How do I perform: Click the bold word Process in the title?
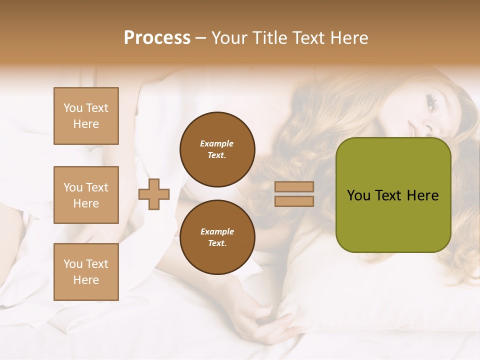click(157, 38)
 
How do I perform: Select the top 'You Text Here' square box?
click(86, 116)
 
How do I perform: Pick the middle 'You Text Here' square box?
click(86, 195)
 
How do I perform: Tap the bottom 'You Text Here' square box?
click(86, 271)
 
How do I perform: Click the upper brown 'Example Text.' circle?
click(217, 149)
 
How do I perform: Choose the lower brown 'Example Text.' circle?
click(217, 237)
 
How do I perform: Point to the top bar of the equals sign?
click(294, 186)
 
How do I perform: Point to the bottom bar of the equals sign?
click(294, 201)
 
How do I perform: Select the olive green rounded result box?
click(393, 195)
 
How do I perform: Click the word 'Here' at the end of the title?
click(349, 38)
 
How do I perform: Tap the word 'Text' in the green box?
click(392, 195)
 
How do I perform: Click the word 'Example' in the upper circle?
click(217, 143)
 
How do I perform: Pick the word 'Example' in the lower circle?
click(217, 231)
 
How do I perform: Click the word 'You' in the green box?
click(358, 195)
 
